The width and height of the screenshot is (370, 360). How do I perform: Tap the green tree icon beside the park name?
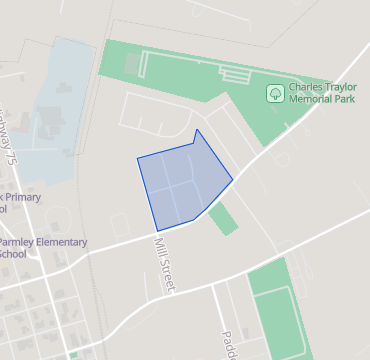pos(274,94)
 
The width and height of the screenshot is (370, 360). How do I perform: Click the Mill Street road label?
pos(165,263)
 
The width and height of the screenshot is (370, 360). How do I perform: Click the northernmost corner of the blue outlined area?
pos(197,129)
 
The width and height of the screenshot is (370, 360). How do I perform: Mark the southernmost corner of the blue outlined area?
pos(158,231)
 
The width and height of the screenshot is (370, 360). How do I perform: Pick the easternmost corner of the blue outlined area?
pos(233,181)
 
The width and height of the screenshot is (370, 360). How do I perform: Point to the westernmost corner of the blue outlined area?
pos(137,158)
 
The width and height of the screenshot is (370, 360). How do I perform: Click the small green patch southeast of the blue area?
pos(223,218)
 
